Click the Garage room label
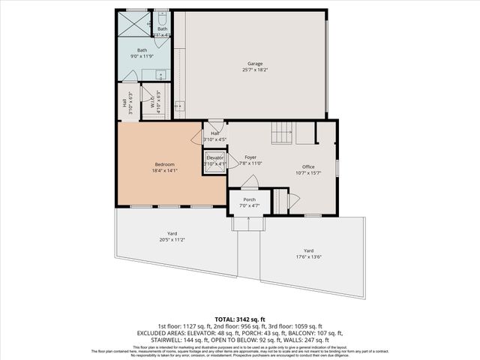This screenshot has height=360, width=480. [x=255, y=63]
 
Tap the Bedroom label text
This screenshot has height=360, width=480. [x=165, y=164]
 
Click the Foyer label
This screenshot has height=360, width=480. [x=250, y=157]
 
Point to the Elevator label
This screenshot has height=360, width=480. [x=215, y=157]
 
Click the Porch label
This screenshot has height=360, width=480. [x=249, y=199]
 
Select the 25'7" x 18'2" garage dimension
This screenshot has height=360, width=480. [x=255, y=69]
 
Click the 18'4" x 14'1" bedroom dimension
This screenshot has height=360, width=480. [x=165, y=170]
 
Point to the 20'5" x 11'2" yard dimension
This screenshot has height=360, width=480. [x=172, y=240]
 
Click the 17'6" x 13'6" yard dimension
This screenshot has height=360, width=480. [x=308, y=256]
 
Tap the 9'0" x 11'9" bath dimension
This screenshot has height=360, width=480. [x=142, y=56]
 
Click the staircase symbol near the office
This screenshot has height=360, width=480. [x=281, y=134]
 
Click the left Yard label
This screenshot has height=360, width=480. [x=172, y=234]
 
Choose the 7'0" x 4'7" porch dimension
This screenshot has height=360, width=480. [x=249, y=205]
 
